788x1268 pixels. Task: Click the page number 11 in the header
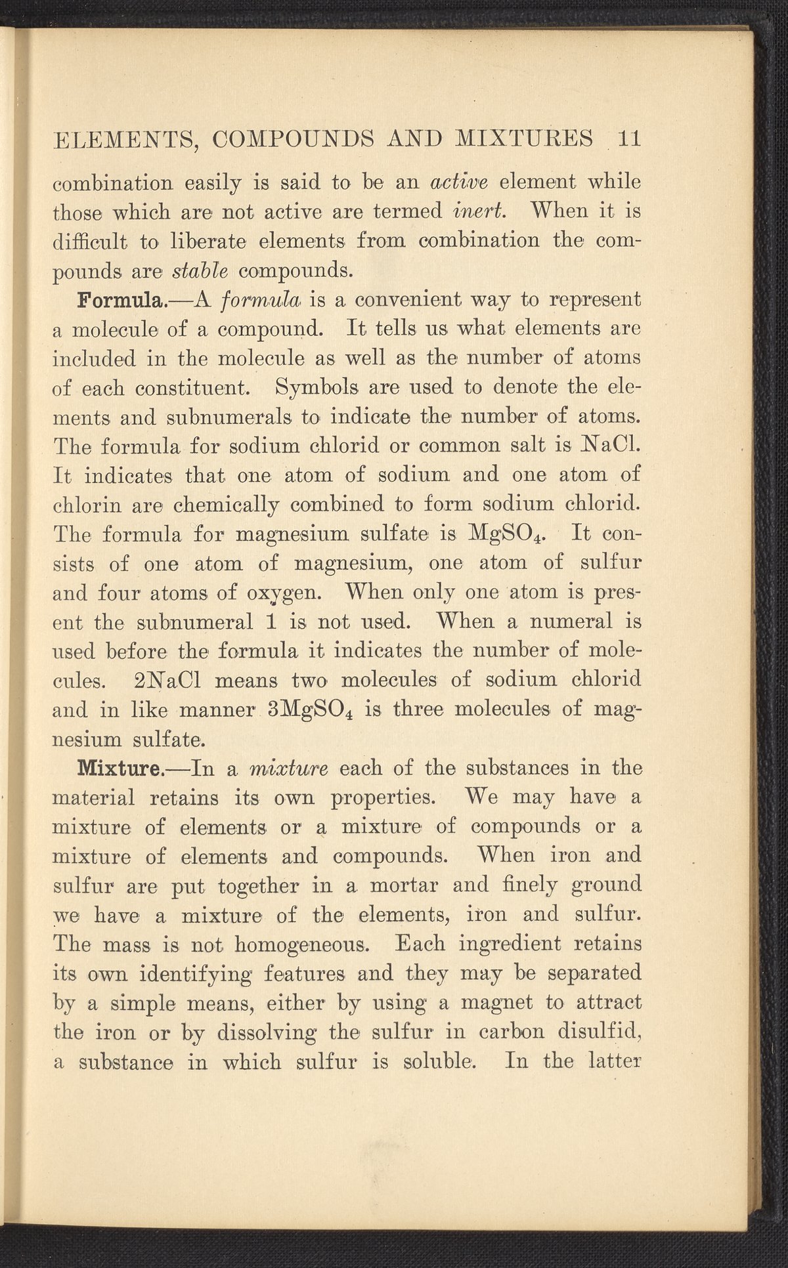[628, 139]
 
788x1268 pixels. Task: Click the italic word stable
[200, 270]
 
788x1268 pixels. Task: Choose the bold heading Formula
[121, 300]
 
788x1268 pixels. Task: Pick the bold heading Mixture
[120, 767]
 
